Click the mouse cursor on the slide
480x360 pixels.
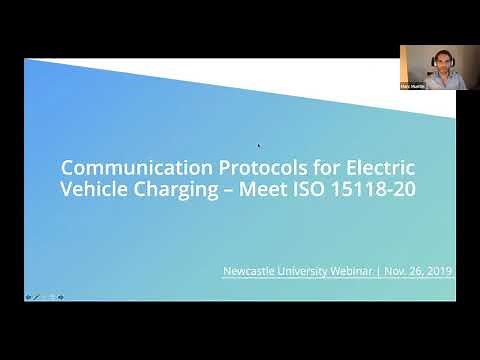pos(260,145)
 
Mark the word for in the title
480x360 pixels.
pos(301,166)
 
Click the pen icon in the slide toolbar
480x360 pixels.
pos(37,296)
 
